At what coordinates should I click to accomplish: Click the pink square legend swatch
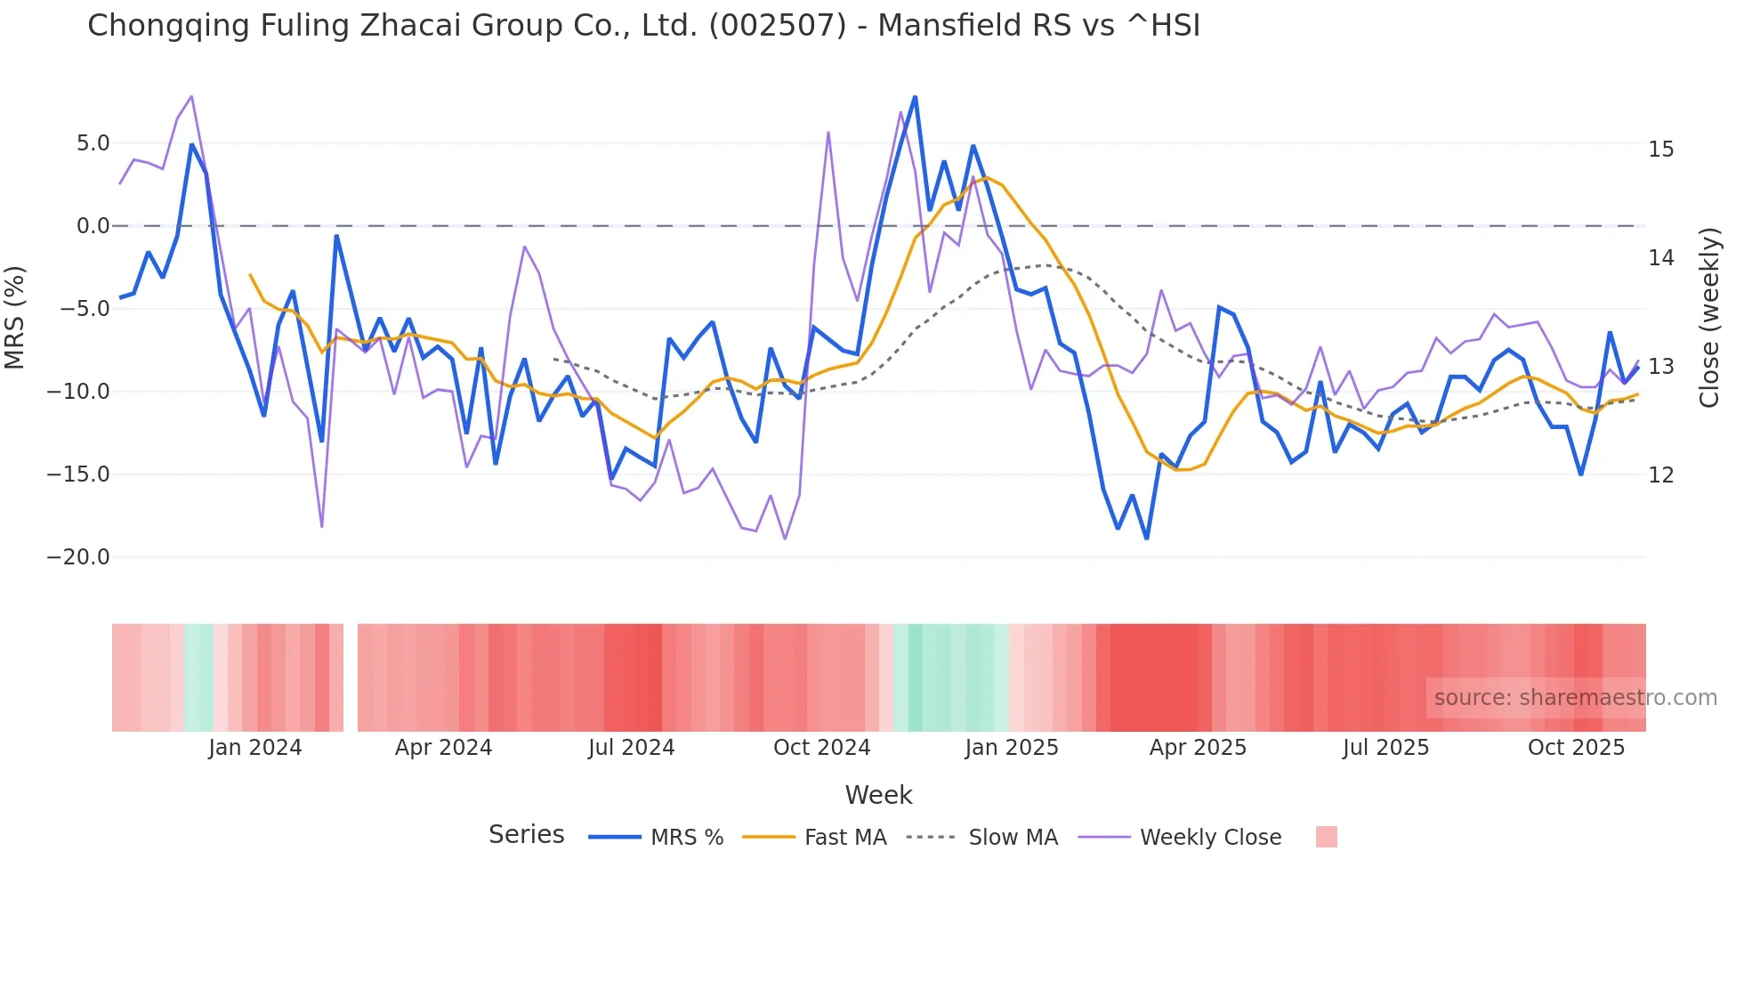(x=1326, y=837)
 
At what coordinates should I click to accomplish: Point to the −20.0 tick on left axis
(x=78, y=557)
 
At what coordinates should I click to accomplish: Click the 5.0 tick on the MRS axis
(x=93, y=143)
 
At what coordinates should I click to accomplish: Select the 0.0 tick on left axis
(x=93, y=226)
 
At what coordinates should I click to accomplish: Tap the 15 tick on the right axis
(x=1660, y=150)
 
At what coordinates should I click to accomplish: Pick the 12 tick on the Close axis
(x=1660, y=475)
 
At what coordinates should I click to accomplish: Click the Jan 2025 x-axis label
(x=1012, y=748)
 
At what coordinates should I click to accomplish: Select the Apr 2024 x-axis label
(x=443, y=748)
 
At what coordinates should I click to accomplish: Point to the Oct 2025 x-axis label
(x=1576, y=748)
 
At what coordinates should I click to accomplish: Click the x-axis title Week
(x=878, y=795)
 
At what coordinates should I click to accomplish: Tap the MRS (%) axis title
(x=15, y=317)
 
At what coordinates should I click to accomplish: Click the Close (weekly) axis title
(x=1709, y=318)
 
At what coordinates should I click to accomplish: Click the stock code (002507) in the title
(x=777, y=26)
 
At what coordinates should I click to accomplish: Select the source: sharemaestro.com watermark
(x=1575, y=698)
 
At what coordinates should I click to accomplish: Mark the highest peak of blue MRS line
(x=915, y=97)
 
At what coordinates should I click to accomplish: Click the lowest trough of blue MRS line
(x=1147, y=539)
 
